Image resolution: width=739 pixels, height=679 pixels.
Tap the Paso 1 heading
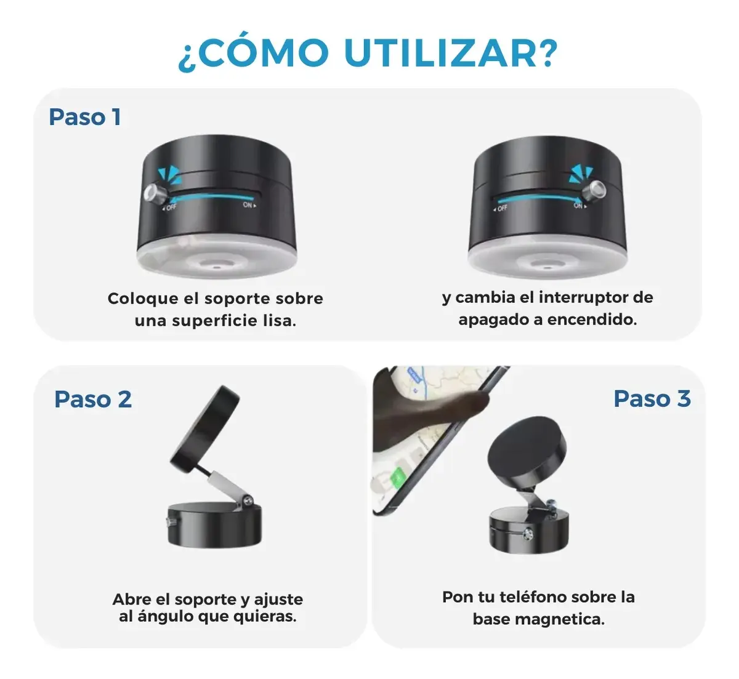[x=85, y=117]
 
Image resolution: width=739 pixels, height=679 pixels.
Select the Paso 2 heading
[x=93, y=399]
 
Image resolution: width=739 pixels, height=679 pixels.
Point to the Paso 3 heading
[x=652, y=398]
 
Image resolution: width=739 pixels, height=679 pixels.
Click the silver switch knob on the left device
[x=154, y=193]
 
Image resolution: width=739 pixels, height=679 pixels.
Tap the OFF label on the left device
[x=169, y=208]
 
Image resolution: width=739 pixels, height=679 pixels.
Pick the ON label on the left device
[x=249, y=205]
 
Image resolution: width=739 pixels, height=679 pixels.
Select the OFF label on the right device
[x=500, y=209]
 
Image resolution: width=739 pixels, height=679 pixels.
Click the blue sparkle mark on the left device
[x=169, y=175]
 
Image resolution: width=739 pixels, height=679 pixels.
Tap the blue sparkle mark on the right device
[x=581, y=174]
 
